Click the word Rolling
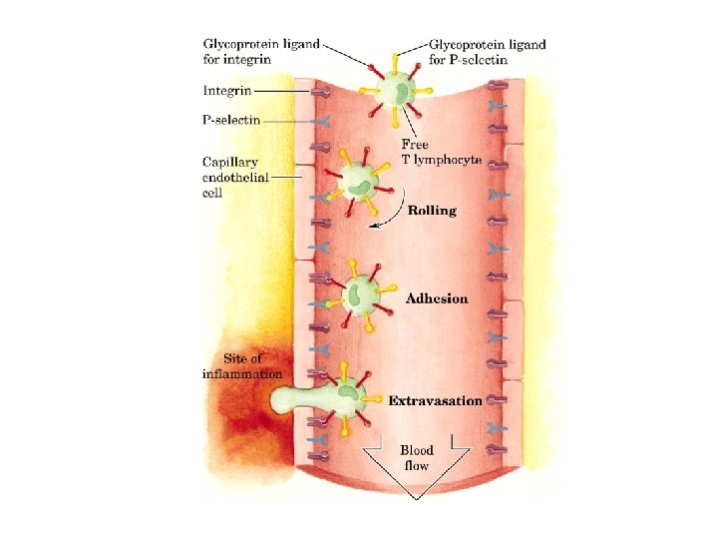click(432, 211)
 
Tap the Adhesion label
click(436, 298)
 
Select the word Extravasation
click(435, 401)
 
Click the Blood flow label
click(416, 457)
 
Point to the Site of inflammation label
click(242, 366)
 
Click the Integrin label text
click(226, 91)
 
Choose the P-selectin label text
click(232, 120)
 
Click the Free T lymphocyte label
click(442, 152)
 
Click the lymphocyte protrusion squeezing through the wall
click(299, 400)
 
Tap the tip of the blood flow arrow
click(415, 496)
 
